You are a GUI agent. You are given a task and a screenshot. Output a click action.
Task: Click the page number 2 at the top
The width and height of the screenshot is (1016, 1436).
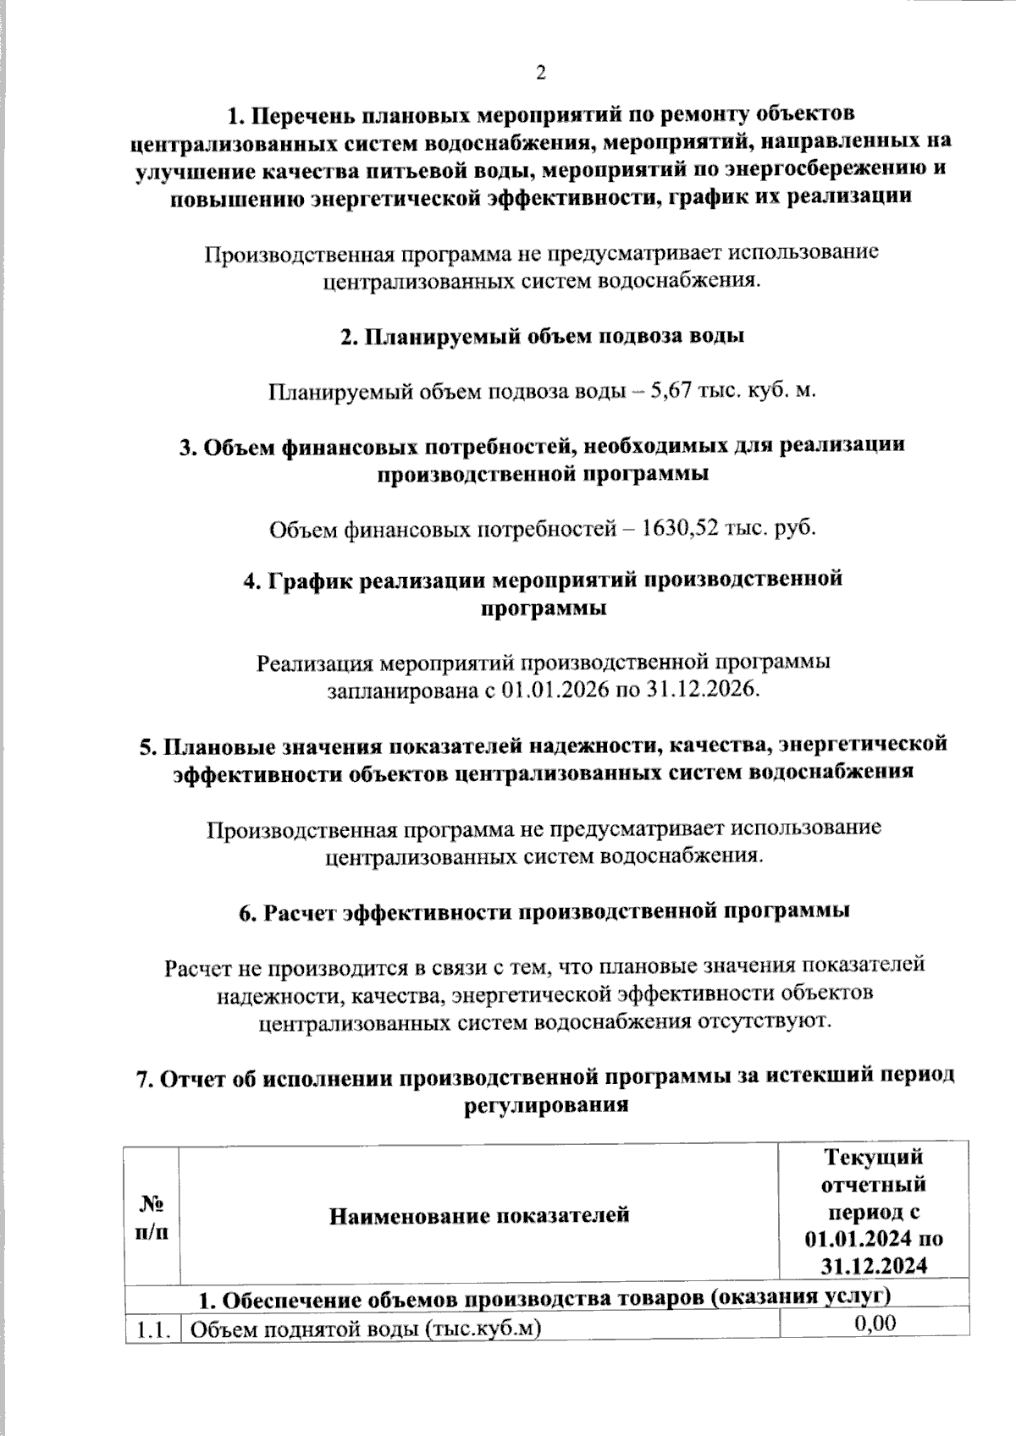point(541,73)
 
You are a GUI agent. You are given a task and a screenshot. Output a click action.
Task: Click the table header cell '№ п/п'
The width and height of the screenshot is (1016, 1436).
point(152,1216)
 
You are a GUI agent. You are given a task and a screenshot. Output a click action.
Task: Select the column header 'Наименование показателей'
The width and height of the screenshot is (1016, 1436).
point(479,1216)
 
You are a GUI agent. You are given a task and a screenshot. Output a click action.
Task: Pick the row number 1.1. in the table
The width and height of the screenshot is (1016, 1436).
point(152,1329)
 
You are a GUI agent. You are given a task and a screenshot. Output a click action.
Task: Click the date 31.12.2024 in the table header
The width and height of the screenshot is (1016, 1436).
point(874,1266)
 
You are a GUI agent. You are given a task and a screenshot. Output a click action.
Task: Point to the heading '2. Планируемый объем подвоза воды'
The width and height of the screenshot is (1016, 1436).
point(542,336)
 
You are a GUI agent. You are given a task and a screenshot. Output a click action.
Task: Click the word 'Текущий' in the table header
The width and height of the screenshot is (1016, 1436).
point(874,1156)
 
